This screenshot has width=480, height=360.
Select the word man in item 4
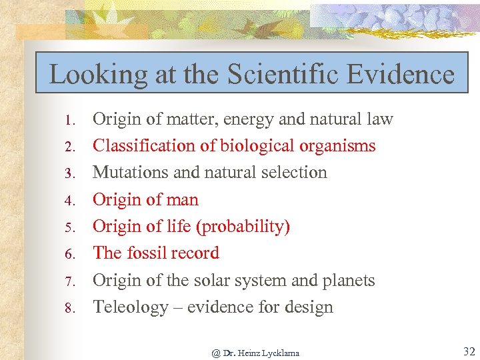(x=183, y=200)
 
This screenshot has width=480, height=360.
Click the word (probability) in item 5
(x=243, y=227)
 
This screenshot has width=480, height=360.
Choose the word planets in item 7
(x=349, y=281)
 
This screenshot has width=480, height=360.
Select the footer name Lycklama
(x=279, y=353)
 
